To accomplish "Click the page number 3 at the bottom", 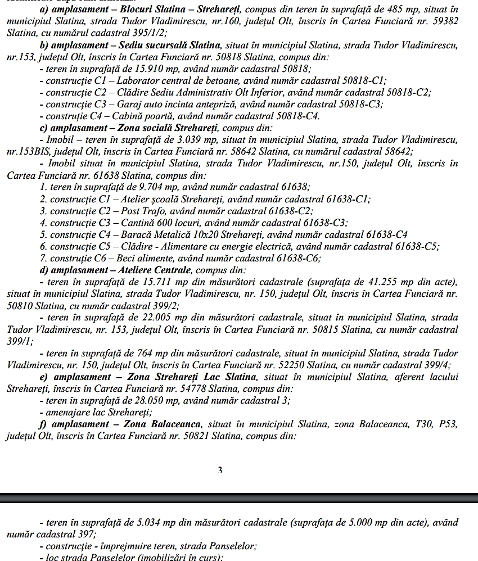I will pyautogui.click(x=220, y=470).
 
